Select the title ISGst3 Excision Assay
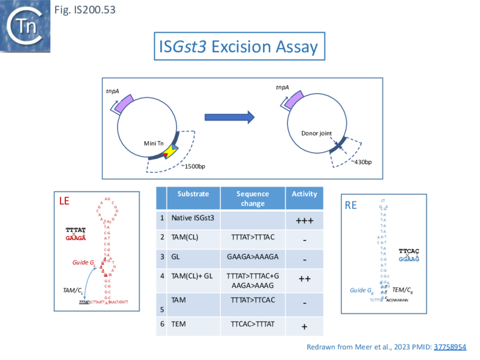(x=238, y=46)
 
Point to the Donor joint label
(x=316, y=133)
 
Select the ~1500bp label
(x=198, y=165)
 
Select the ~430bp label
(x=361, y=162)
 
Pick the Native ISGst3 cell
(x=192, y=219)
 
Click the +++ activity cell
(x=304, y=220)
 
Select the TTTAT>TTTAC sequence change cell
(x=252, y=238)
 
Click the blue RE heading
(x=351, y=206)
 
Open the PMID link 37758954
(x=450, y=347)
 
